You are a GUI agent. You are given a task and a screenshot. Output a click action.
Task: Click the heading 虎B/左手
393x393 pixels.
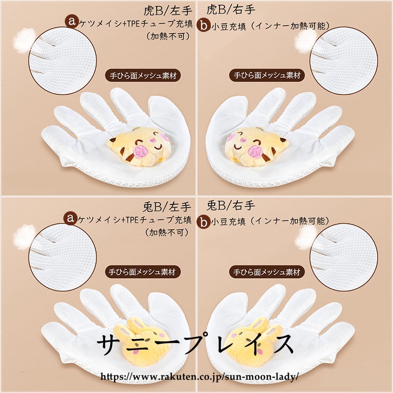tap(168, 10)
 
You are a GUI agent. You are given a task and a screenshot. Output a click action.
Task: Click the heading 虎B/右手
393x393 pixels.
tap(230, 10)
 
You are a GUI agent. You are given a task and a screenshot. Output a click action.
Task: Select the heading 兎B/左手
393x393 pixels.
tap(167, 207)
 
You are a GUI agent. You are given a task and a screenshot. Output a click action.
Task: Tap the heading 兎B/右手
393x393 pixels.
tap(230, 206)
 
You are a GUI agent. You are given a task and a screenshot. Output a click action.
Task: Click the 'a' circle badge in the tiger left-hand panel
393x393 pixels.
tap(72, 21)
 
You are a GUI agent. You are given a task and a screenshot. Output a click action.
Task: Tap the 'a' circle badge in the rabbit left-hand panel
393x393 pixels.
tap(70, 218)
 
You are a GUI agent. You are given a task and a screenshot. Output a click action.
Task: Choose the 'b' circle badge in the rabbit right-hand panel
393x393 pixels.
tap(203, 222)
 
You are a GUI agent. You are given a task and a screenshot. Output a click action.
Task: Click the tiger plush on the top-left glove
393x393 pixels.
tap(140, 146)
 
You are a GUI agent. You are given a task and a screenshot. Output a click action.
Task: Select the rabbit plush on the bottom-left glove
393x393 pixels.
tap(142, 339)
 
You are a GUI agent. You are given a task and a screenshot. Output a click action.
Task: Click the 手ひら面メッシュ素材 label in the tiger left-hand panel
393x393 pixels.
tap(143, 76)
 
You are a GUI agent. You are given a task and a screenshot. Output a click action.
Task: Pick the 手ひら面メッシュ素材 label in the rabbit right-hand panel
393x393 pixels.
tap(267, 272)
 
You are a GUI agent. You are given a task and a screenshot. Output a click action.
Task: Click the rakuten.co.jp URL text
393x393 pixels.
tap(199, 376)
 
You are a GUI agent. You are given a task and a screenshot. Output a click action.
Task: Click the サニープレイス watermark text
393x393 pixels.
tap(195, 343)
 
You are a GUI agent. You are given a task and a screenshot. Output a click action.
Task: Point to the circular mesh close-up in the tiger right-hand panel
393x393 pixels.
tap(344, 60)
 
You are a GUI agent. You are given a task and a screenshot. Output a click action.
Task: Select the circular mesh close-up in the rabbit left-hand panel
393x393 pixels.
tap(62, 257)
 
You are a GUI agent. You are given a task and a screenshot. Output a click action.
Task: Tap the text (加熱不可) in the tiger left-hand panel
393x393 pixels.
tap(168, 36)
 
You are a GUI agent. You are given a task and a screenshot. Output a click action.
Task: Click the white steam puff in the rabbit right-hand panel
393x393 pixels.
tap(306, 237)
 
